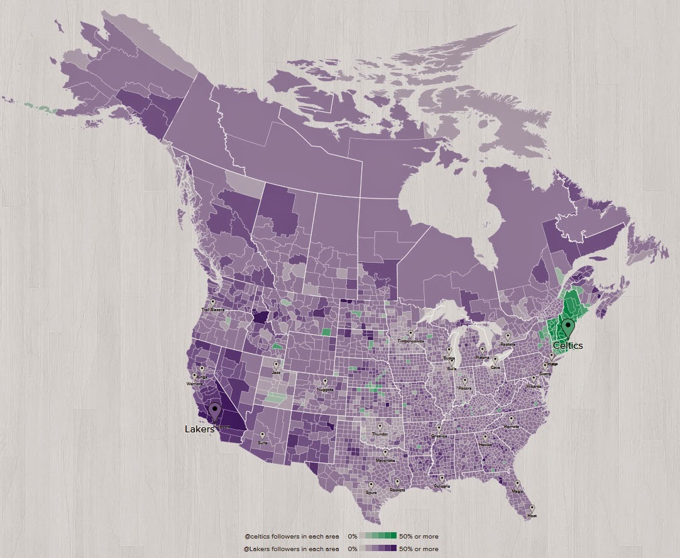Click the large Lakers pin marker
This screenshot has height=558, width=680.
pyautogui.click(x=215, y=412)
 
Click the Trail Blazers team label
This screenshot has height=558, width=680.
pyautogui.click(x=212, y=310)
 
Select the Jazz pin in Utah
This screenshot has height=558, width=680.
pyautogui.click(x=276, y=365)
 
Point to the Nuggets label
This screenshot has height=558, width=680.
pyautogui.click(x=325, y=389)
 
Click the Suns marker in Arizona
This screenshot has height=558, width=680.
pyautogui.click(x=262, y=435)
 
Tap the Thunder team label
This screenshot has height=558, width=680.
pyautogui.click(x=380, y=434)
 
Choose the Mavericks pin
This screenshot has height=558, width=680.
pyautogui.click(x=385, y=452)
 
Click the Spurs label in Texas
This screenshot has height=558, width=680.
pyautogui.click(x=371, y=493)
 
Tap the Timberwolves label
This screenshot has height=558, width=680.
pyautogui.click(x=410, y=341)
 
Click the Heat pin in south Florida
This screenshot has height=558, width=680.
pyautogui.click(x=532, y=509)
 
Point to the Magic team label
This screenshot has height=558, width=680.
pyautogui.click(x=517, y=491)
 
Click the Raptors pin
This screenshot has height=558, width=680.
pyautogui.click(x=508, y=337)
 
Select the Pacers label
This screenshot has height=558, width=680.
pyautogui.click(x=465, y=388)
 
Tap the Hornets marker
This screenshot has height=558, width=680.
pyautogui.click(x=511, y=419)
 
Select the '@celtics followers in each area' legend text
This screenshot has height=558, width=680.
pyautogui.click(x=292, y=537)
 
